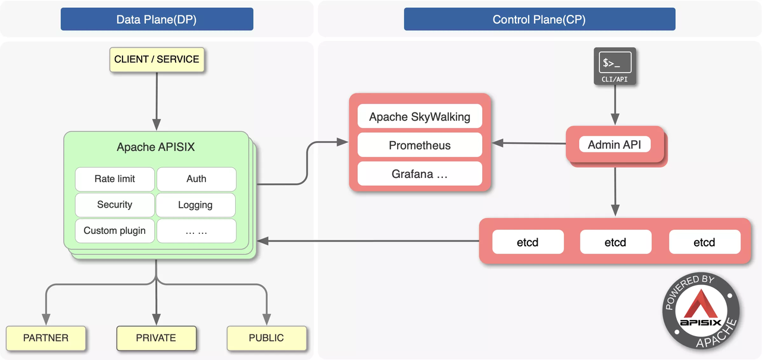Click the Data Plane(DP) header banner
(157, 19)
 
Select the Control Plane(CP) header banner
(539, 19)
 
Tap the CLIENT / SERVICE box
(157, 60)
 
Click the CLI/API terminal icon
(614, 65)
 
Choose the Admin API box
(614, 145)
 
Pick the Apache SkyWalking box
(419, 117)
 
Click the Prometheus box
(419, 145)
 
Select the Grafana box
(419, 174)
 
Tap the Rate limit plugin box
(115, 179)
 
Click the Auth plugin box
(196, 179)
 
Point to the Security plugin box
(115, 205)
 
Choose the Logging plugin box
(196, 205)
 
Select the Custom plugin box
(115, 231)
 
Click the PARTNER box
(46, 338)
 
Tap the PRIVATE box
(156, 338)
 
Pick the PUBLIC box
(266, 338)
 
